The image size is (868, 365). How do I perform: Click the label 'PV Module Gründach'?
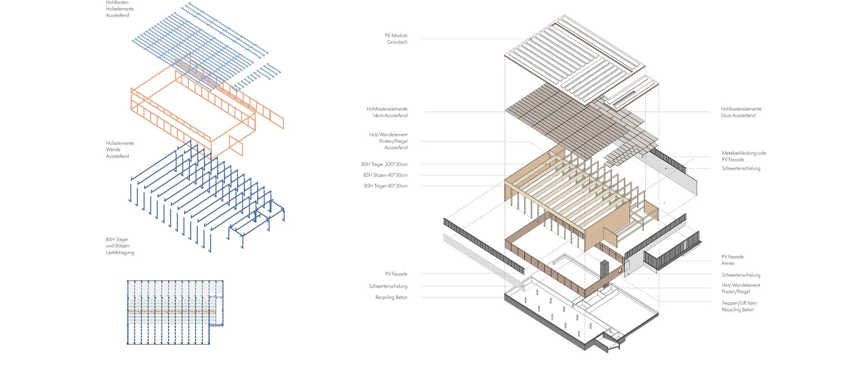396,39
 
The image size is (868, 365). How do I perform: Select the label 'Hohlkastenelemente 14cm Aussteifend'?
387,112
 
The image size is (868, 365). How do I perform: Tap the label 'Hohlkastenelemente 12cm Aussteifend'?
741,112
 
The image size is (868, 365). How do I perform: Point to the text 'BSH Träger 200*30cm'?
384,164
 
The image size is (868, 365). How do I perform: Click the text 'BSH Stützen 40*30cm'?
385,175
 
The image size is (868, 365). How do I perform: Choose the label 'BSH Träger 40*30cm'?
386,186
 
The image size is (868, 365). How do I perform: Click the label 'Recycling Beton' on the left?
391,297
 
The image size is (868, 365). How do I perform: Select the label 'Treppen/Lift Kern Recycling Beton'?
739,306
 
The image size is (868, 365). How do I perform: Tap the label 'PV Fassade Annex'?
732,260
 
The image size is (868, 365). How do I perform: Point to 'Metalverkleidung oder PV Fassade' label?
744,156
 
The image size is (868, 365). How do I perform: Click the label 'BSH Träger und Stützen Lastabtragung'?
120,246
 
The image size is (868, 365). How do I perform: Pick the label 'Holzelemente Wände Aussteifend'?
120,150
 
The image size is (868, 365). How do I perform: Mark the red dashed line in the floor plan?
171,311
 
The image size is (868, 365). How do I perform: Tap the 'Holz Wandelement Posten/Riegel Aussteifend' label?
388,141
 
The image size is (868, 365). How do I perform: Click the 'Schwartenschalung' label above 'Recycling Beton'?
388,286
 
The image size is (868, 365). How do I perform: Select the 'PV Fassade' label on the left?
396,274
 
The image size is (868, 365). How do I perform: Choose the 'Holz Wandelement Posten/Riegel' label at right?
741,288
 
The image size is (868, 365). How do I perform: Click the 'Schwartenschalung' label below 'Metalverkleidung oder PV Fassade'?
741,169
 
